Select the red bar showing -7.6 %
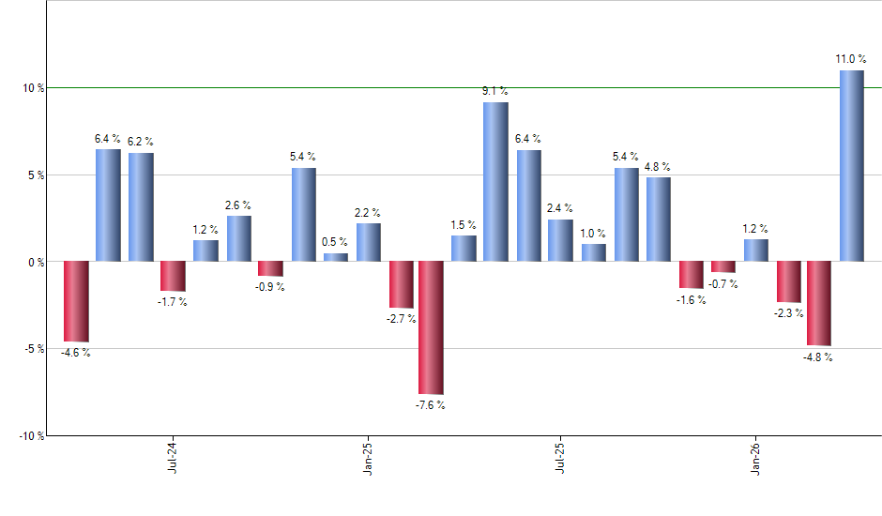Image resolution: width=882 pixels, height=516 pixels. point(431,327)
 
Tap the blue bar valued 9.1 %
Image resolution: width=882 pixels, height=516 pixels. point(495,182)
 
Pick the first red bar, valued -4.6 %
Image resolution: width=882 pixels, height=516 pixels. point(76,301)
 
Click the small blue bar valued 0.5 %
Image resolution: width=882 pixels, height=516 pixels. point(336,257)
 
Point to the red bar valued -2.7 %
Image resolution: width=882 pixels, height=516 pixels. point(401,284)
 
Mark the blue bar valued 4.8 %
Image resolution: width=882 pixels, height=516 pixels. point(659,220)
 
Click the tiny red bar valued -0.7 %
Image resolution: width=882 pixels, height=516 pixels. point(723,267)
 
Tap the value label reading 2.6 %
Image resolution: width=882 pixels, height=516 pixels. point(238,205)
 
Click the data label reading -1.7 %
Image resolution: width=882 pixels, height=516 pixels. point(173,302)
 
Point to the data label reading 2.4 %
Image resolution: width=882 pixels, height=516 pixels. point(560,208)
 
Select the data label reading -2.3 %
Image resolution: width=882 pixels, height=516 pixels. point(788,313)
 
